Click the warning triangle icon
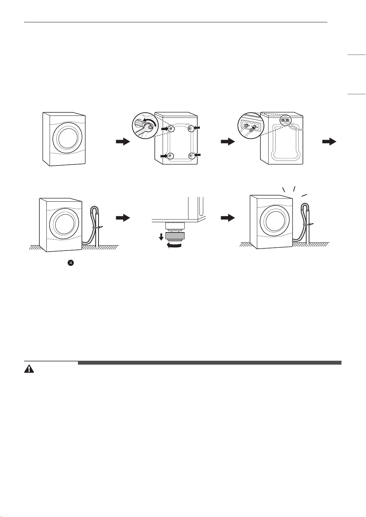29,369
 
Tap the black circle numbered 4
71,263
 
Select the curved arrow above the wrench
150,122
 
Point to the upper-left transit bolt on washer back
170,128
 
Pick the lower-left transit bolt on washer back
170,156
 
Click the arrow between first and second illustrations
123,141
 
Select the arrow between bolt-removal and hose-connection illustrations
228,141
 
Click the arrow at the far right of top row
329,141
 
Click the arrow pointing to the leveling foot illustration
123,218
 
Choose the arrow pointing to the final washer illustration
228,218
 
